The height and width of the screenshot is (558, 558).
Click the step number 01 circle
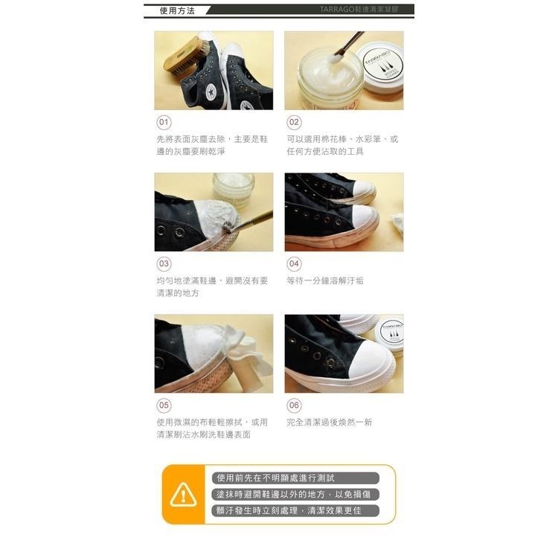pos(164,122)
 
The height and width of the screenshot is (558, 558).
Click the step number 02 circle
pos(294,122)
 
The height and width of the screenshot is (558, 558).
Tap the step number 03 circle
pos(164,263)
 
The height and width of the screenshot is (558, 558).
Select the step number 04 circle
pos(294,263)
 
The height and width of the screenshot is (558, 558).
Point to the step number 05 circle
pos(164,405)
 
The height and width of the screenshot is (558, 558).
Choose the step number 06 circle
pos(294,405)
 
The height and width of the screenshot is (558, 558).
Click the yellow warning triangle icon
pos(183,494)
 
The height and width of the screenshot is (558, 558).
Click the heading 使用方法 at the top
pos(178,11)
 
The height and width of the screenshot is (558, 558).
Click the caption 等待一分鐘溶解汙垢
pos(325,280)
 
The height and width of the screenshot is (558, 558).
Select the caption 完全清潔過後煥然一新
pos(330,422)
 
